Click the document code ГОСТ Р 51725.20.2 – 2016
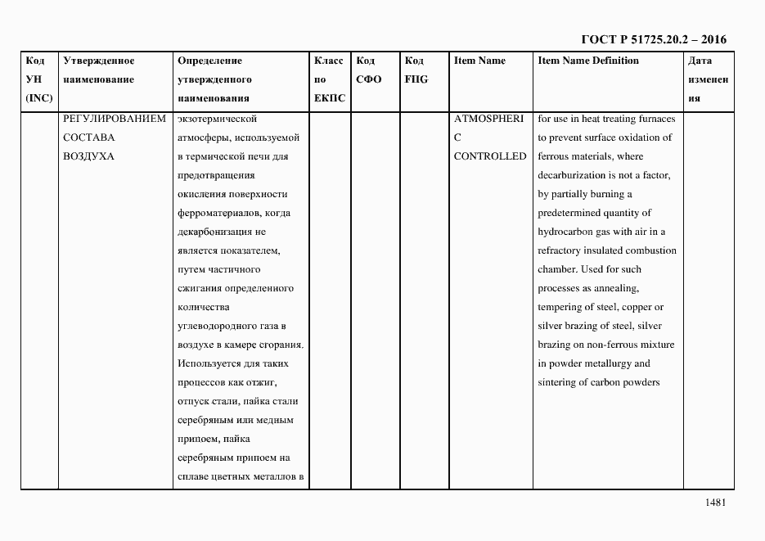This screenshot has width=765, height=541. pyautogui.click(x=653, y=39)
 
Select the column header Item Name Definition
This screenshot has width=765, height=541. pyautogui.click(x=588, y=61)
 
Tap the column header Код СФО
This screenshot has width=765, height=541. pyautogui.click(x=368, y=70)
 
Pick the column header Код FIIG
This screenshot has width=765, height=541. pyautogui.click(x=416, y=70)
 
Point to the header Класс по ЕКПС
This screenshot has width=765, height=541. pyautogui.click(x=330, y=79)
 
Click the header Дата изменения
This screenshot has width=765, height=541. pyautogui.click(x=708, y=79)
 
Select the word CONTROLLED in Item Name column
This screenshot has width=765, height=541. pyautogui.click(x=490, y=156)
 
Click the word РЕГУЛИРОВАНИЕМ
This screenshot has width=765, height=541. pyautogui.click(x=115, y=119)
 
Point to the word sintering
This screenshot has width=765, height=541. pyautogui.click(x=558, y=382)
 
